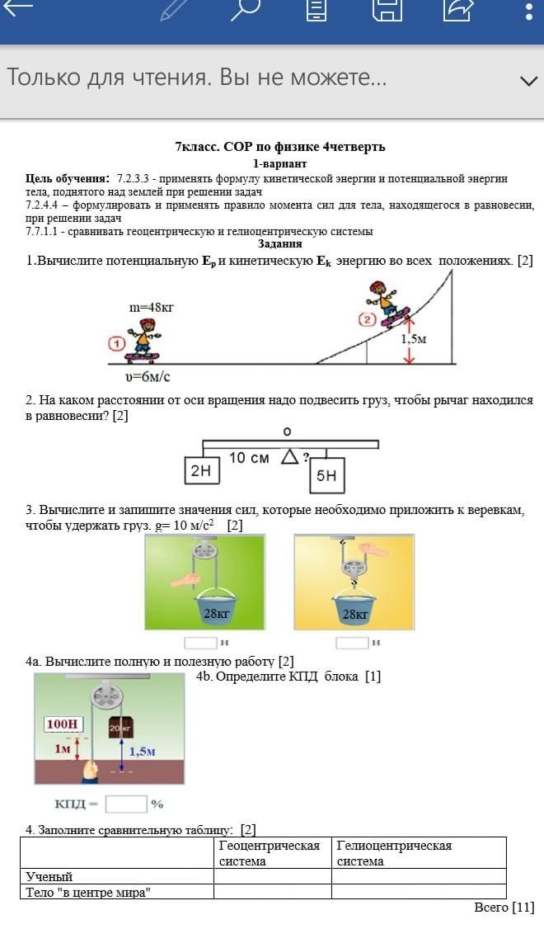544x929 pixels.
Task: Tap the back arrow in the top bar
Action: [x=18, y=9]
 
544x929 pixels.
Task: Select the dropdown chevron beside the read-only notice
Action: [x=528, y=81]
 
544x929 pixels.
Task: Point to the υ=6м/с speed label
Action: [x=147, y=377]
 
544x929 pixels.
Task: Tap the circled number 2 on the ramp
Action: [x=367, y=319]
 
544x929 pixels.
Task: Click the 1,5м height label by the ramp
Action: [x=414, y=339]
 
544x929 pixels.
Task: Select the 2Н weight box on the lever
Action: [x=201, y=471]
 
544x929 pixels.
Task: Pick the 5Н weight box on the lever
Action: [x=326, y=475]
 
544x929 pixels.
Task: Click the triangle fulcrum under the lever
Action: [x=289, y=456]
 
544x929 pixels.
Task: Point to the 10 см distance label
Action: [x=249, y=458]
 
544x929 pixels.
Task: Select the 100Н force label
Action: [x=63, y=724]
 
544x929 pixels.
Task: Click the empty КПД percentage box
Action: [x=126, y=804]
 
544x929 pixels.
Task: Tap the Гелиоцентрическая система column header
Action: [x=394, y=853]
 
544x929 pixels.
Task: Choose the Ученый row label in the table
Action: [x=49, y=876]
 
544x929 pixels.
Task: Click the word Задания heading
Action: [x=279, y=243]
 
